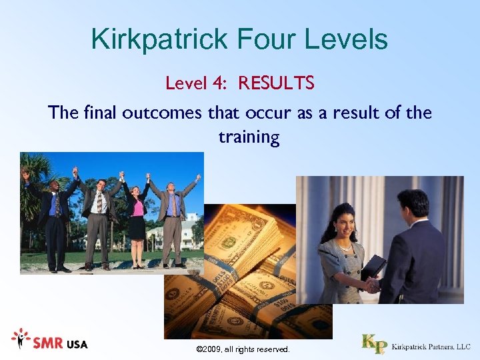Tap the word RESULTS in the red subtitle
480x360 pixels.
(x=276, y=83)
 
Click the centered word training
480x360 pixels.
(x=249, y=137)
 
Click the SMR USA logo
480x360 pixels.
(x=49, y=342)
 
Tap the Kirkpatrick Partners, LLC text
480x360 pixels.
(x=431, y=347)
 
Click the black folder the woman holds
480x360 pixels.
(x=373, y=267)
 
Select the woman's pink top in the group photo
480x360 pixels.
(x=138, y=207)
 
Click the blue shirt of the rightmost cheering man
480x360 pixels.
(x=172, y=205)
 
